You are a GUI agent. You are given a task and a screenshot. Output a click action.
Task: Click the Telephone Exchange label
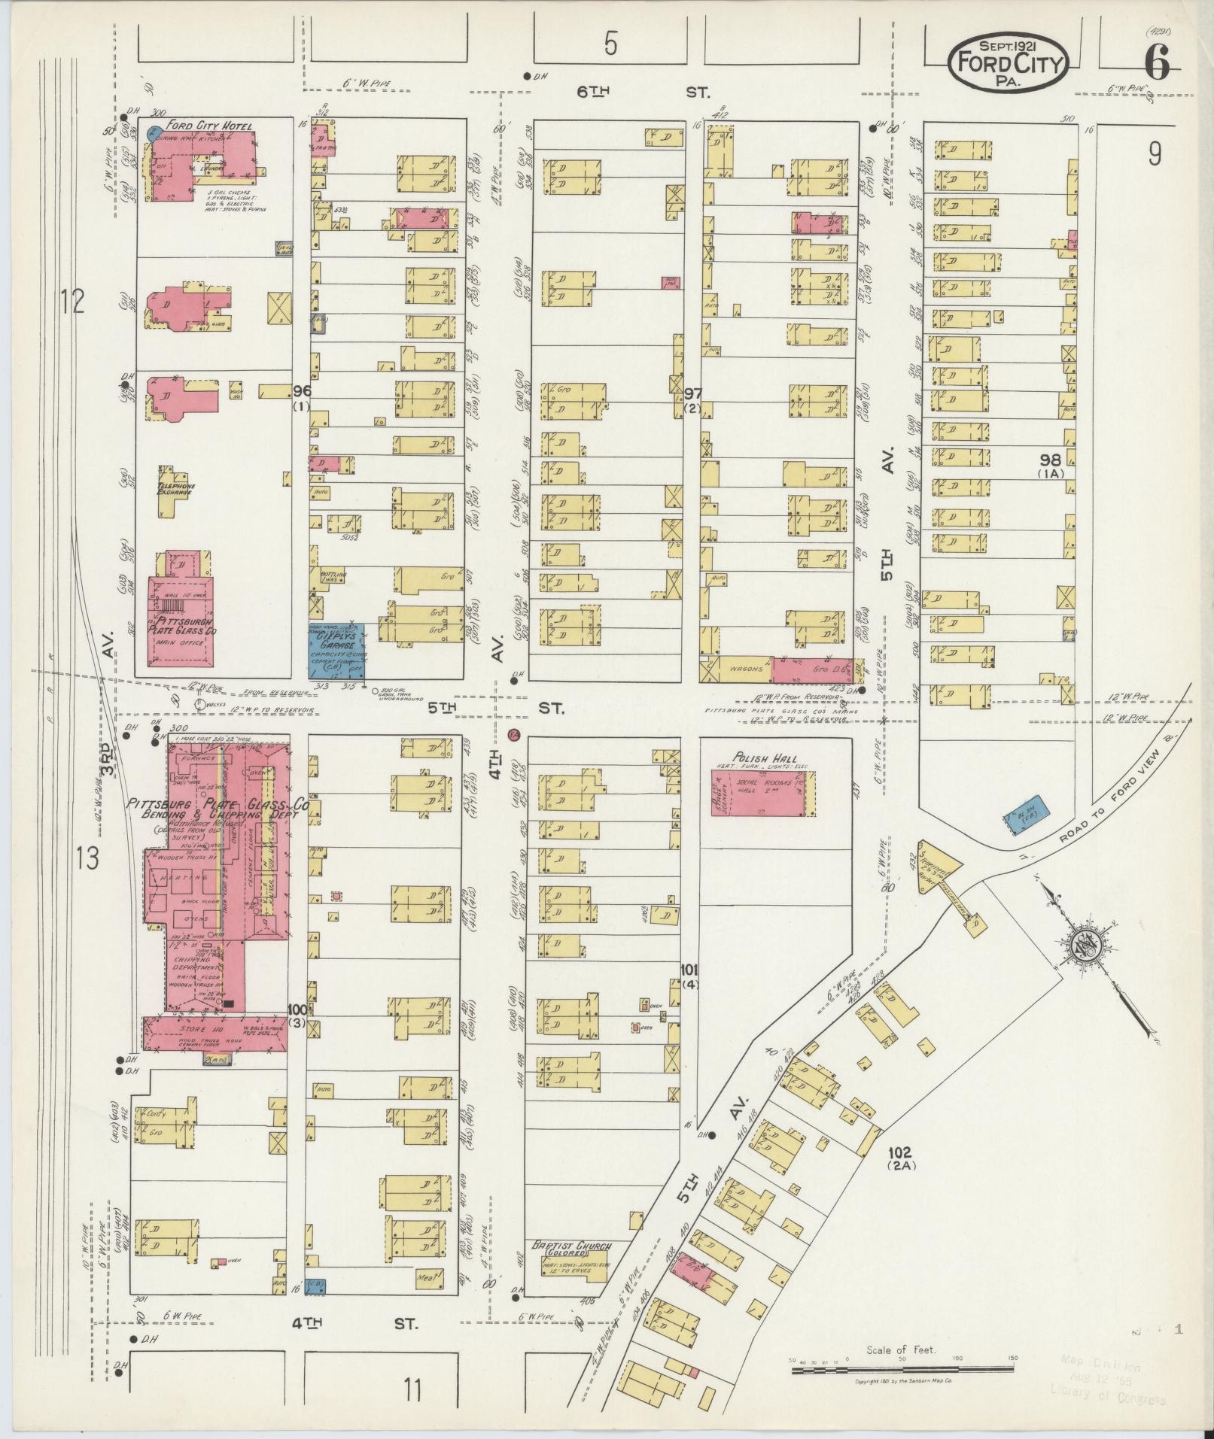pos(175,490)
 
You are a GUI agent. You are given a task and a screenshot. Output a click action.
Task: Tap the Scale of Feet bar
pos(902,1371)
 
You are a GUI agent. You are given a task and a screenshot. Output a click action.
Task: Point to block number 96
pos(302,390)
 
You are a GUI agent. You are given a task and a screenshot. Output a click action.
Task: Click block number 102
pos(899,1173)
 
